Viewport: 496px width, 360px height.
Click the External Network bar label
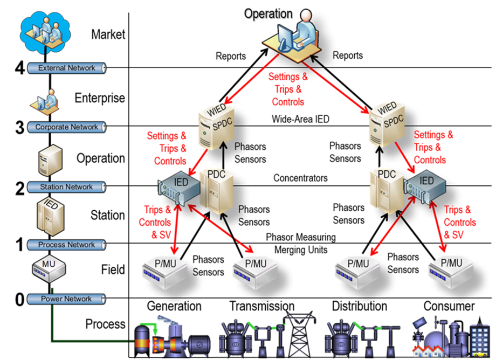pyautogui.click(x=66, y=68)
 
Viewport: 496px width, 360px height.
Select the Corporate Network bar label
pyautogui.click(x=66, y=127)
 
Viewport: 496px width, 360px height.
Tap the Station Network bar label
pyautogui.click(x=66, y=187)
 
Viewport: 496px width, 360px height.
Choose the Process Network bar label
pyautogui.click(x=66, y=245)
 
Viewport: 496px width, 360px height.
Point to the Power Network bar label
pyautogui.click(x=66, y=299)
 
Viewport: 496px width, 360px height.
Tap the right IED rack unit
pyautogui.click(x=425, y=186)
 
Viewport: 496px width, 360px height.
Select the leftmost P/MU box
pyautogui.click(x=164, y=266)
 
